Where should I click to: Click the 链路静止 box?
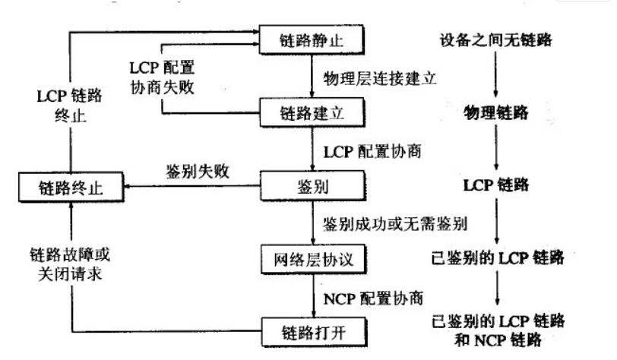coord(312,39)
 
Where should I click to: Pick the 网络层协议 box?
coord(312,258)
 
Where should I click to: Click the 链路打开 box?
coord(312,331)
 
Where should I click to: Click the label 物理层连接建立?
coord(378,77)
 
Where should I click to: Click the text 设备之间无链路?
coord(495,38)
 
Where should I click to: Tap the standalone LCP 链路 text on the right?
coord(495,185)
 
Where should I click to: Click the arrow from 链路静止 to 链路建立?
coord(312,76)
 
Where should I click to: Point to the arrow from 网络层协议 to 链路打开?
coord(312,296)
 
